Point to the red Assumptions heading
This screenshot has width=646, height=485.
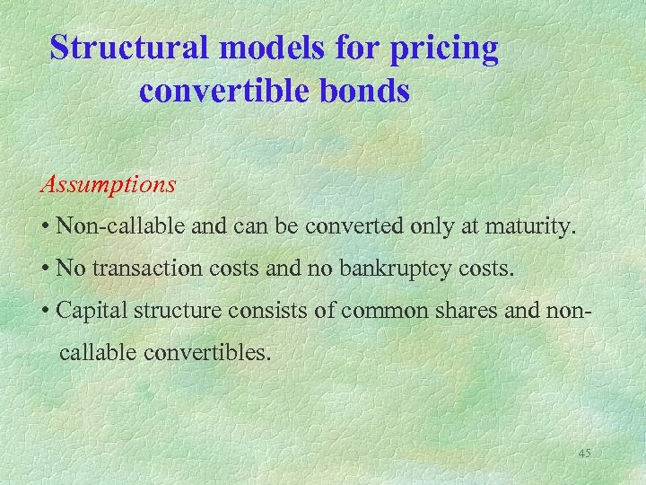[x=108, y=186]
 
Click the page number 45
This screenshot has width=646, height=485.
[x=584, y=453]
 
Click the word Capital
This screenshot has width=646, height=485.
[x=89, y=310]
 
